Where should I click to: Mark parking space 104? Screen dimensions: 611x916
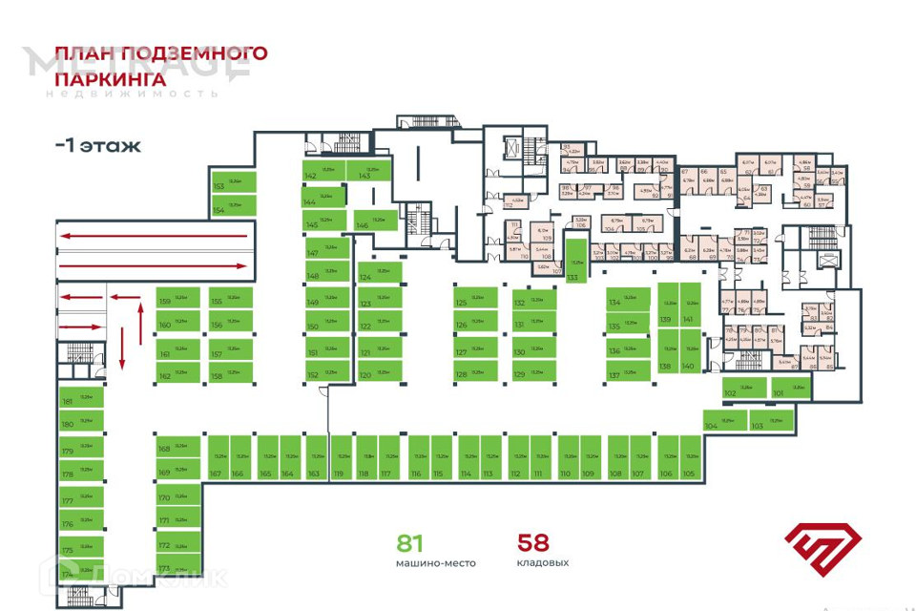(725, 421)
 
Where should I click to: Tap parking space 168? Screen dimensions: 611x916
(177, 448)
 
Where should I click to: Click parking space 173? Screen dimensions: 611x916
(177, 567)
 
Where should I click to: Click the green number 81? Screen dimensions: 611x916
(410, 543)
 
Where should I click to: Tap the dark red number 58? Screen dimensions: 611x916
(533, 543)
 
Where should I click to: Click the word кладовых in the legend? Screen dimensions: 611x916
(543, 563)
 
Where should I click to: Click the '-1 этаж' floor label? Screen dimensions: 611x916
(97, 146)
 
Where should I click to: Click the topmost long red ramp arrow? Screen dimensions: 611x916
(153, 234)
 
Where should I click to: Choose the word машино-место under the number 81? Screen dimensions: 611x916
(435, 563)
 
